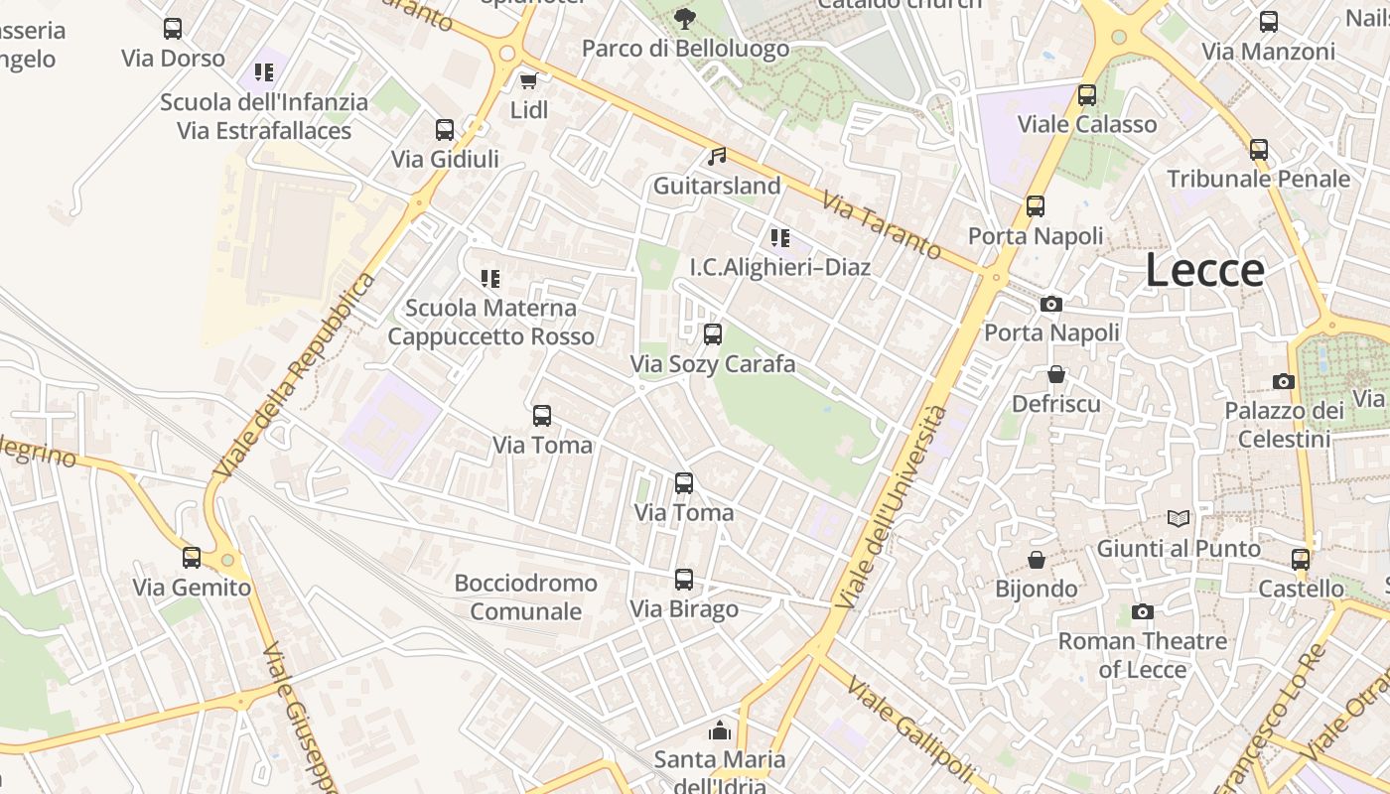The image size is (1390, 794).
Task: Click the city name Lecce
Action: point(1204,270)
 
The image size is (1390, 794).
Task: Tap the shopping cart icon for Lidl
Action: point(528,80)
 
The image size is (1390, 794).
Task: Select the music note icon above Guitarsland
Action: point(716,156)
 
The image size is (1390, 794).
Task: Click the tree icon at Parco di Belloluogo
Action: point(684,18)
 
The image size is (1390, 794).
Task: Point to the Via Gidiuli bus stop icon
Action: point(444,129)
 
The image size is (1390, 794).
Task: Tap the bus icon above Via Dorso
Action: point(173,28)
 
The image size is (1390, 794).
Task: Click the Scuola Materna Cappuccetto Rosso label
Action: point(490,323)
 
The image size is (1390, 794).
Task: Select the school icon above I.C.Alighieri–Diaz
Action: point(779,237)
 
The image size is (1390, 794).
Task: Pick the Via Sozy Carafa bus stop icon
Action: point(712,334)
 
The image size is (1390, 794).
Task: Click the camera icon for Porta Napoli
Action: point(1050,304)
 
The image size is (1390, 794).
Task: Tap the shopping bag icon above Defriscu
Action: point(1055,374)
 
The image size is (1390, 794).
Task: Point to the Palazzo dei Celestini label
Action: point(1284,425)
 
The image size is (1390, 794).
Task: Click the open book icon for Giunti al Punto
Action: point(1178,518)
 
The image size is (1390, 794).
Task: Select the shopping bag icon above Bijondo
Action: point(1036,560)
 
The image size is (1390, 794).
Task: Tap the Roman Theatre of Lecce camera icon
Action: point(1142,611)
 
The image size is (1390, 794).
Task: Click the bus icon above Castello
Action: point(1300,559)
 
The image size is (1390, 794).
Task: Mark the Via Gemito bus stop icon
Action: point(192,557)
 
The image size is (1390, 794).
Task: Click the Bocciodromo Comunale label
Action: point(525,596)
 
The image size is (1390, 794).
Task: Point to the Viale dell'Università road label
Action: point(891,506)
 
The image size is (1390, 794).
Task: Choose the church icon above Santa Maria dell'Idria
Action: point(719,731)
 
